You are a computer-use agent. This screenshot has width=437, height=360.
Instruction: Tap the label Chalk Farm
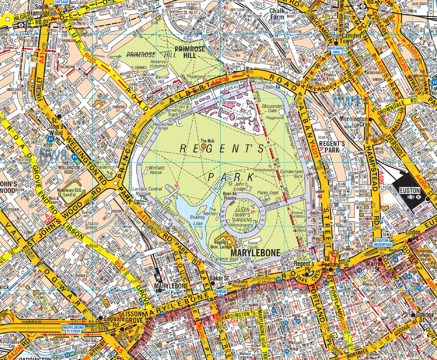[277, 14]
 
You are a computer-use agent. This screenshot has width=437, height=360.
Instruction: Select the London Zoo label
[242, 120]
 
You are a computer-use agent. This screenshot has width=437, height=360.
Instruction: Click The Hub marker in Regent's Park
[204, 145]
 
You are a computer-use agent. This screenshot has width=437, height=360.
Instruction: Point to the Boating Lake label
[197, 220]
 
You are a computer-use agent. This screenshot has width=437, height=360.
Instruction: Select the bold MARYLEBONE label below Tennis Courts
[255, 253]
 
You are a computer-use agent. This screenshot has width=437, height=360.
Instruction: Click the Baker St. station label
[221, 278]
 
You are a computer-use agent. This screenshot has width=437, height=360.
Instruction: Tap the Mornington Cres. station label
[354, 122]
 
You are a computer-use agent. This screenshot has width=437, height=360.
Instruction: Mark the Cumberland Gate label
[292, 173]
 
